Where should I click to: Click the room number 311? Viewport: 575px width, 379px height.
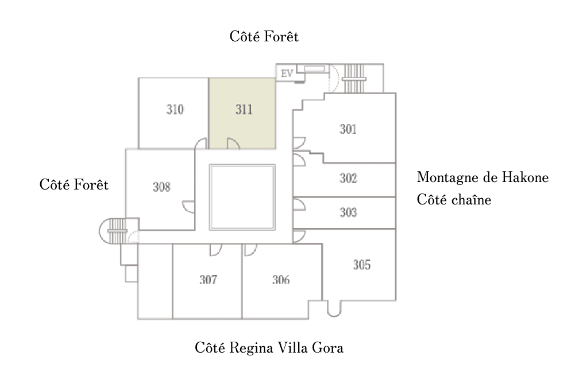244,109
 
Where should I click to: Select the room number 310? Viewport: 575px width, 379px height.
175,109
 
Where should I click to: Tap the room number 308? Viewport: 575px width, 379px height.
162,187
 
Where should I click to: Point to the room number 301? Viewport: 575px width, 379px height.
348,129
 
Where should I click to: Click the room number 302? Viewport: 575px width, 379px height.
348,178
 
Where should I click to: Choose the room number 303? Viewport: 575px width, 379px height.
348,212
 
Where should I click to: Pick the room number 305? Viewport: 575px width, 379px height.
362,265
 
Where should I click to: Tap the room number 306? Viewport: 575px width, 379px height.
281,280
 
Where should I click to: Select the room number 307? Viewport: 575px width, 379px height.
209,280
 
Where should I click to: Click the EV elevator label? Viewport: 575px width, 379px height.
287,74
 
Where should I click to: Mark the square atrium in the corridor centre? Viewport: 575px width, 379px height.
242,197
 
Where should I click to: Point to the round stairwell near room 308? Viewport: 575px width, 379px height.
113,231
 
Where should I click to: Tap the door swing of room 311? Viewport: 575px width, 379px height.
234,144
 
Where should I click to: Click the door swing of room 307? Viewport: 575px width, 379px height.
215,250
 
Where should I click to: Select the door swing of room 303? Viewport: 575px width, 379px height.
299,205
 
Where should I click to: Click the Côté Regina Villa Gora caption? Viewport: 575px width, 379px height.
269,347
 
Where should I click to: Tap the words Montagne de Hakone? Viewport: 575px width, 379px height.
483,177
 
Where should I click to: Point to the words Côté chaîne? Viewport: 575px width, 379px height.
454,200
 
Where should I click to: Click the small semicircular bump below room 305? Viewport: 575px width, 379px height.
334,308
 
